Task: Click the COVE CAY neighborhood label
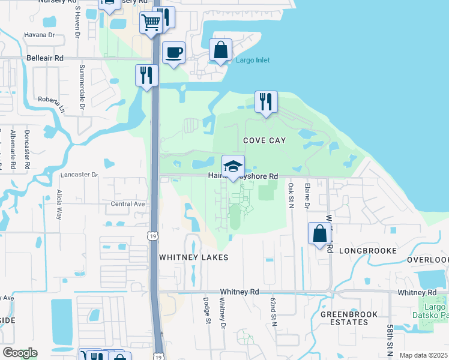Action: (x=264, y=140)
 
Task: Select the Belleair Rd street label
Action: (x=45, y=58)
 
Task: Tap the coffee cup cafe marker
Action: (x=173, y=53)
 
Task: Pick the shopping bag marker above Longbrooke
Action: (x=320, y=233)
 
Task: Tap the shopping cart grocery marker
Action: (x=151, y=23)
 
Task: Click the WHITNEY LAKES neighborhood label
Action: (x=185, y=257)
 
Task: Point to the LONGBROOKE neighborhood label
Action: (x=367, y=250)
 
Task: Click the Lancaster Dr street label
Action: (x=79, y=175)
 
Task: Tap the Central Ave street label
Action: (x=128, y=203)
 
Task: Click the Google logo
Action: (x=20, y=353)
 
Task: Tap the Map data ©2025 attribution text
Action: (x=423, y=355)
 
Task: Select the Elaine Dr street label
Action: (x=306, y=197)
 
